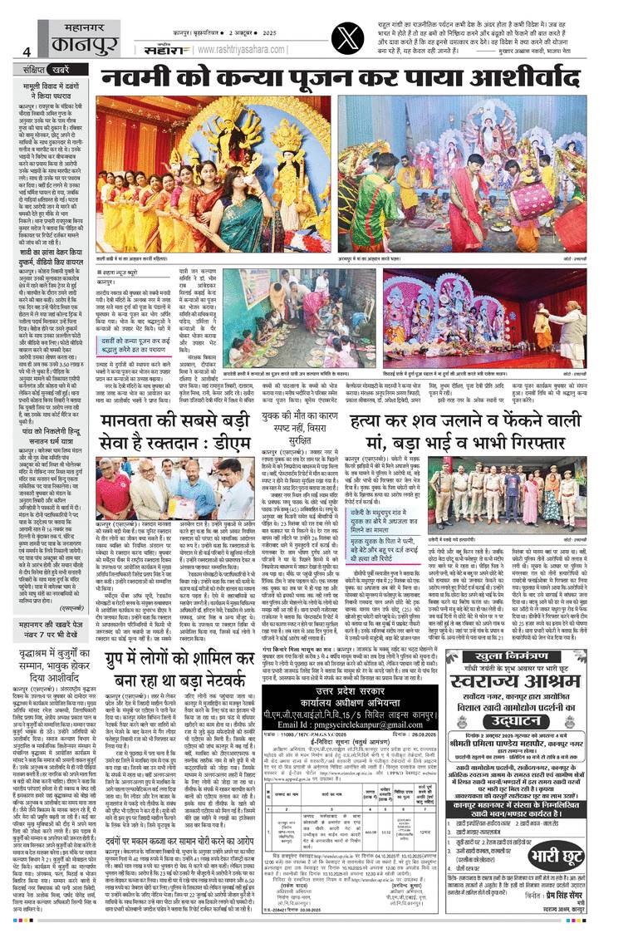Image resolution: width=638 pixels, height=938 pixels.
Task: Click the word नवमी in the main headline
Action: point(136,81)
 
